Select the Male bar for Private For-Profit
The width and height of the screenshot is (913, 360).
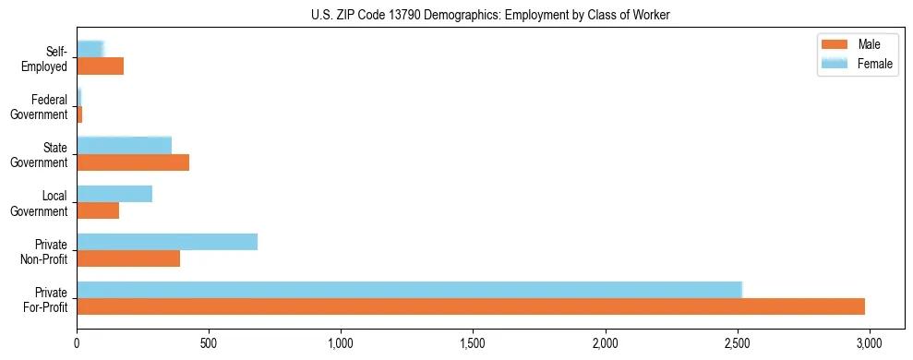pos(471,306)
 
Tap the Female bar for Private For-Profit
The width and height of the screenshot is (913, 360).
pos(409,289)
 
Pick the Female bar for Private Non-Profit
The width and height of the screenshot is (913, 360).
pos(167,242)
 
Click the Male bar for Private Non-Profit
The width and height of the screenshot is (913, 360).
pos(128,258)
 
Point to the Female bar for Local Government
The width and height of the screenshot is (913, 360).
pos(114,194)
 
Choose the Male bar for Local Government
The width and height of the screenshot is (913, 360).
pos(98,210)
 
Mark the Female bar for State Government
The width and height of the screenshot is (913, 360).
pos(124,145)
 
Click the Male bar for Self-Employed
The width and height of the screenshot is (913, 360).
pos(100,66)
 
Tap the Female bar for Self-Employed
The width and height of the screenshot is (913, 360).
pos(90,49)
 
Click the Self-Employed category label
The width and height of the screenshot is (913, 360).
pos(48,58)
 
